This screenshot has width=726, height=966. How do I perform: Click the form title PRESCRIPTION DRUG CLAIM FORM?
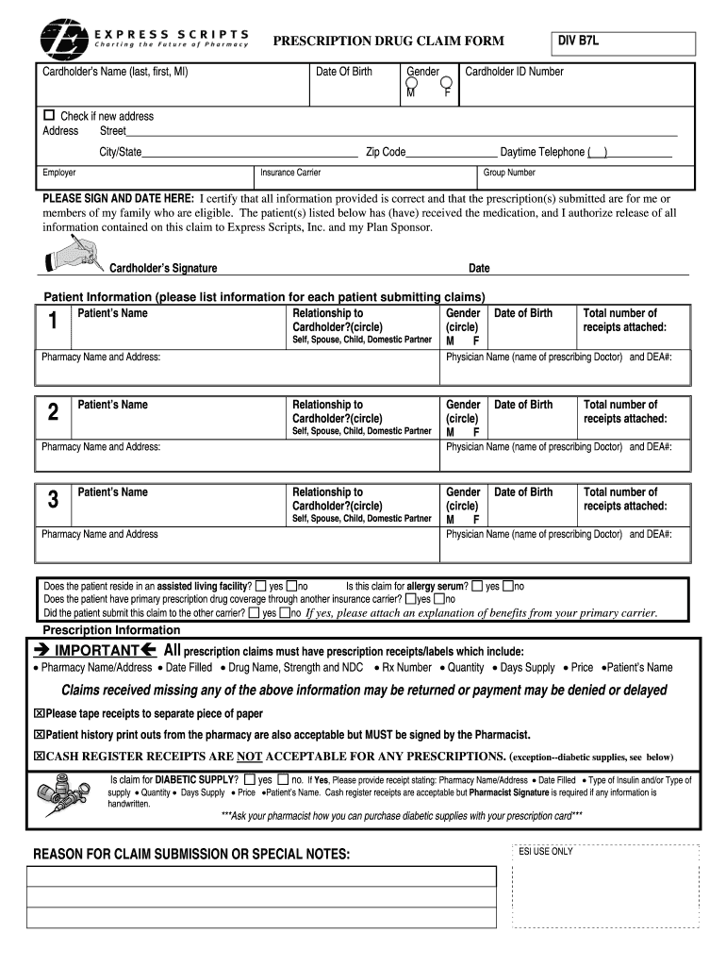388,41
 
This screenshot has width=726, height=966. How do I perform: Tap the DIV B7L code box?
623,42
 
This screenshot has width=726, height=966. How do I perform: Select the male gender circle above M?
412,84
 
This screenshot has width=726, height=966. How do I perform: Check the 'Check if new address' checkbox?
50,115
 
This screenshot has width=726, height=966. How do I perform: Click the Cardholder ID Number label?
514,72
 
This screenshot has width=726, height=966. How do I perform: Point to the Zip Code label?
386,152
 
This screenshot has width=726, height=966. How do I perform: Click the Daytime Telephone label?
542,152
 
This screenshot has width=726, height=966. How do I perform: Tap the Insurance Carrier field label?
290,173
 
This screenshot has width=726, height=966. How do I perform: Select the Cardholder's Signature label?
163,268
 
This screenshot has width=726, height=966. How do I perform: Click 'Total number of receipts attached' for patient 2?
624,411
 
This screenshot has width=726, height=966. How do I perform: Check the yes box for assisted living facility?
261,586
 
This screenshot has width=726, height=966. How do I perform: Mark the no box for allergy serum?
508,586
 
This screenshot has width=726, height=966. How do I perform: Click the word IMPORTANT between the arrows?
97,651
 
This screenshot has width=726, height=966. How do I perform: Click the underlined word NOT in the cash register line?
249,757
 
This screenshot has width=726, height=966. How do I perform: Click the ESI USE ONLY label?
545,851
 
